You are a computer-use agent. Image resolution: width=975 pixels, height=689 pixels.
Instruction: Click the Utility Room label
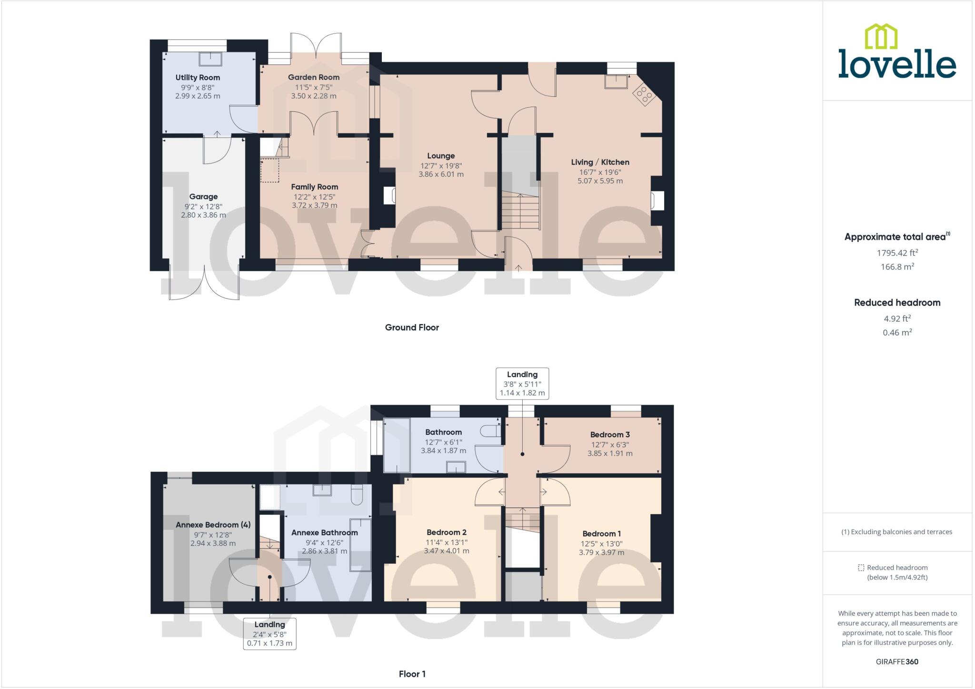[198, 78]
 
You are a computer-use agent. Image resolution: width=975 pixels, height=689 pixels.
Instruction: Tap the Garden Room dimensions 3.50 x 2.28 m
[314, 96]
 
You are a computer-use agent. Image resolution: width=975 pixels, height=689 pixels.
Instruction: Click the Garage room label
[203, 197]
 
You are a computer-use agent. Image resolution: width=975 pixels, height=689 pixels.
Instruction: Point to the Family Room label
[315, 187]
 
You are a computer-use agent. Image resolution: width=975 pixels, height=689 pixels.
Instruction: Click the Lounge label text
[441, 156]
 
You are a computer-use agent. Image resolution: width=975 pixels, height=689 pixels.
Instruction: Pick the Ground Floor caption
[412, 328]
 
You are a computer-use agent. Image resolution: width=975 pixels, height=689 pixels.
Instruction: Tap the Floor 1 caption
[412, 674]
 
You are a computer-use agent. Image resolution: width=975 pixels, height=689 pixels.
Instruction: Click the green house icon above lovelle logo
[881, 37]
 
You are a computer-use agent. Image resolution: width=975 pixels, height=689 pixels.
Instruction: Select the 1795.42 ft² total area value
[897, 253]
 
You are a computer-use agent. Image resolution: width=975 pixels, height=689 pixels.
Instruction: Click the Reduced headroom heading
[897, 303]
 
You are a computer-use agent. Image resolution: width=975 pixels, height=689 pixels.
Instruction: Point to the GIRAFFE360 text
[897, 661]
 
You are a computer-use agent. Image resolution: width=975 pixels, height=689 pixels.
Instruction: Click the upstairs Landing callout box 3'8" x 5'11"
[522, 384]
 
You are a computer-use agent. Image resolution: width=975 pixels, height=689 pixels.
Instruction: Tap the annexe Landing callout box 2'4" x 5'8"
[269, 634]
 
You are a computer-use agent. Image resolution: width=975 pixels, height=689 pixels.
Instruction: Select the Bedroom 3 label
[610, 435]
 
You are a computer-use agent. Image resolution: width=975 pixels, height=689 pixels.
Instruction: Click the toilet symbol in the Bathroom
[490, 431]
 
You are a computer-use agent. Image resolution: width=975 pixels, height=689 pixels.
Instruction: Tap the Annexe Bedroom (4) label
[213, 525]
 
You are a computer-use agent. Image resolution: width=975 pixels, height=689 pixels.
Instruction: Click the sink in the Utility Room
[211, 59]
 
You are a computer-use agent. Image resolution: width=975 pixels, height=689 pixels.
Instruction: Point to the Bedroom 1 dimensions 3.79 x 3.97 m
[601, 552]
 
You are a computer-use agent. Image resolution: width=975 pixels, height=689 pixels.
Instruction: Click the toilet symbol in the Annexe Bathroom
[357, 496]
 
